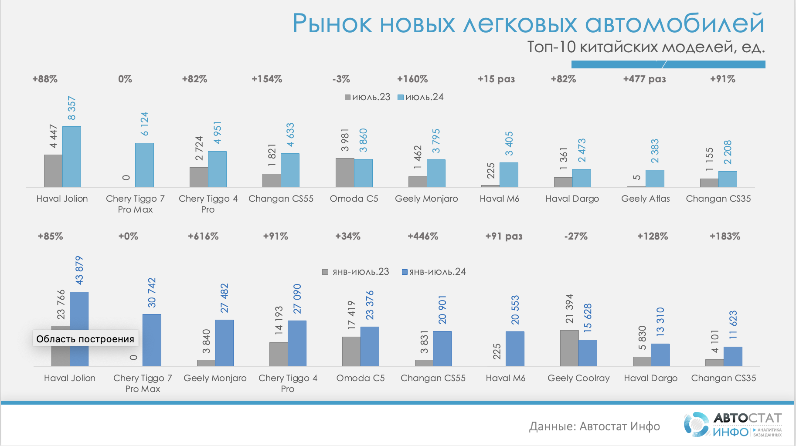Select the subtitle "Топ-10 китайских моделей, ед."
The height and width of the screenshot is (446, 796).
pyautogui.click(x=646, y=47)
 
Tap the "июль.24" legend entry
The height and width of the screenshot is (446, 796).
pyautogui.click(x=421, y=97)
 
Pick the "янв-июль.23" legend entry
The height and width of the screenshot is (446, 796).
pyautogui.click(x=356, y=272)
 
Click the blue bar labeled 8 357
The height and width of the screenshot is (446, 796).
pyautogui.click(x=71, y=157)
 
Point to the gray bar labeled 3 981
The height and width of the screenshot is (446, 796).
pyautogui.click(x=344, y=172)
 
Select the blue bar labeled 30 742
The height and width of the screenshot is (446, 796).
pyautogui.click(x=152, y=340)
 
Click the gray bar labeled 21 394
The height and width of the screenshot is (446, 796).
pyautogui.click(x=569, y=348)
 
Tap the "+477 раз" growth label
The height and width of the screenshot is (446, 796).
pyautogui.click(x=644, y=79)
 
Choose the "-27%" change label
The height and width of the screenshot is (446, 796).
pyautogui.click(x=576, y=236)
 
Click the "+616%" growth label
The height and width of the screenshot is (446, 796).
pyautogui.click(x=203, y=236)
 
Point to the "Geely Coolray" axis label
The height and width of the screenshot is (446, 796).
pyautogui.click(x=578, y=378)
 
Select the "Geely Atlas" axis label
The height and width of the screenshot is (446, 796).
pyautogui.click(x=645, y=199)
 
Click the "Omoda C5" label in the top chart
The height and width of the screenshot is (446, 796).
pyautogui.click(x=354, y=199)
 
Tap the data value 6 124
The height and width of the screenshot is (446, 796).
pyautogui.click(x=144, y=124)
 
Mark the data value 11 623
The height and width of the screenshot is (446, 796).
pyautogui.click(x=733, y=325)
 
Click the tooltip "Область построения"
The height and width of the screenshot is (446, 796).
pyautogui.click(x=85, y=339)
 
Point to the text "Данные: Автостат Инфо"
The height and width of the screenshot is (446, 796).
pyautogui.click(x=594, y=426)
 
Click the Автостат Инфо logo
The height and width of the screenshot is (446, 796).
pyautogui.click(x=732, y=425)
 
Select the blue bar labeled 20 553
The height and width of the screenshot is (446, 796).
pyautogui.click(x=515, y=349)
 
